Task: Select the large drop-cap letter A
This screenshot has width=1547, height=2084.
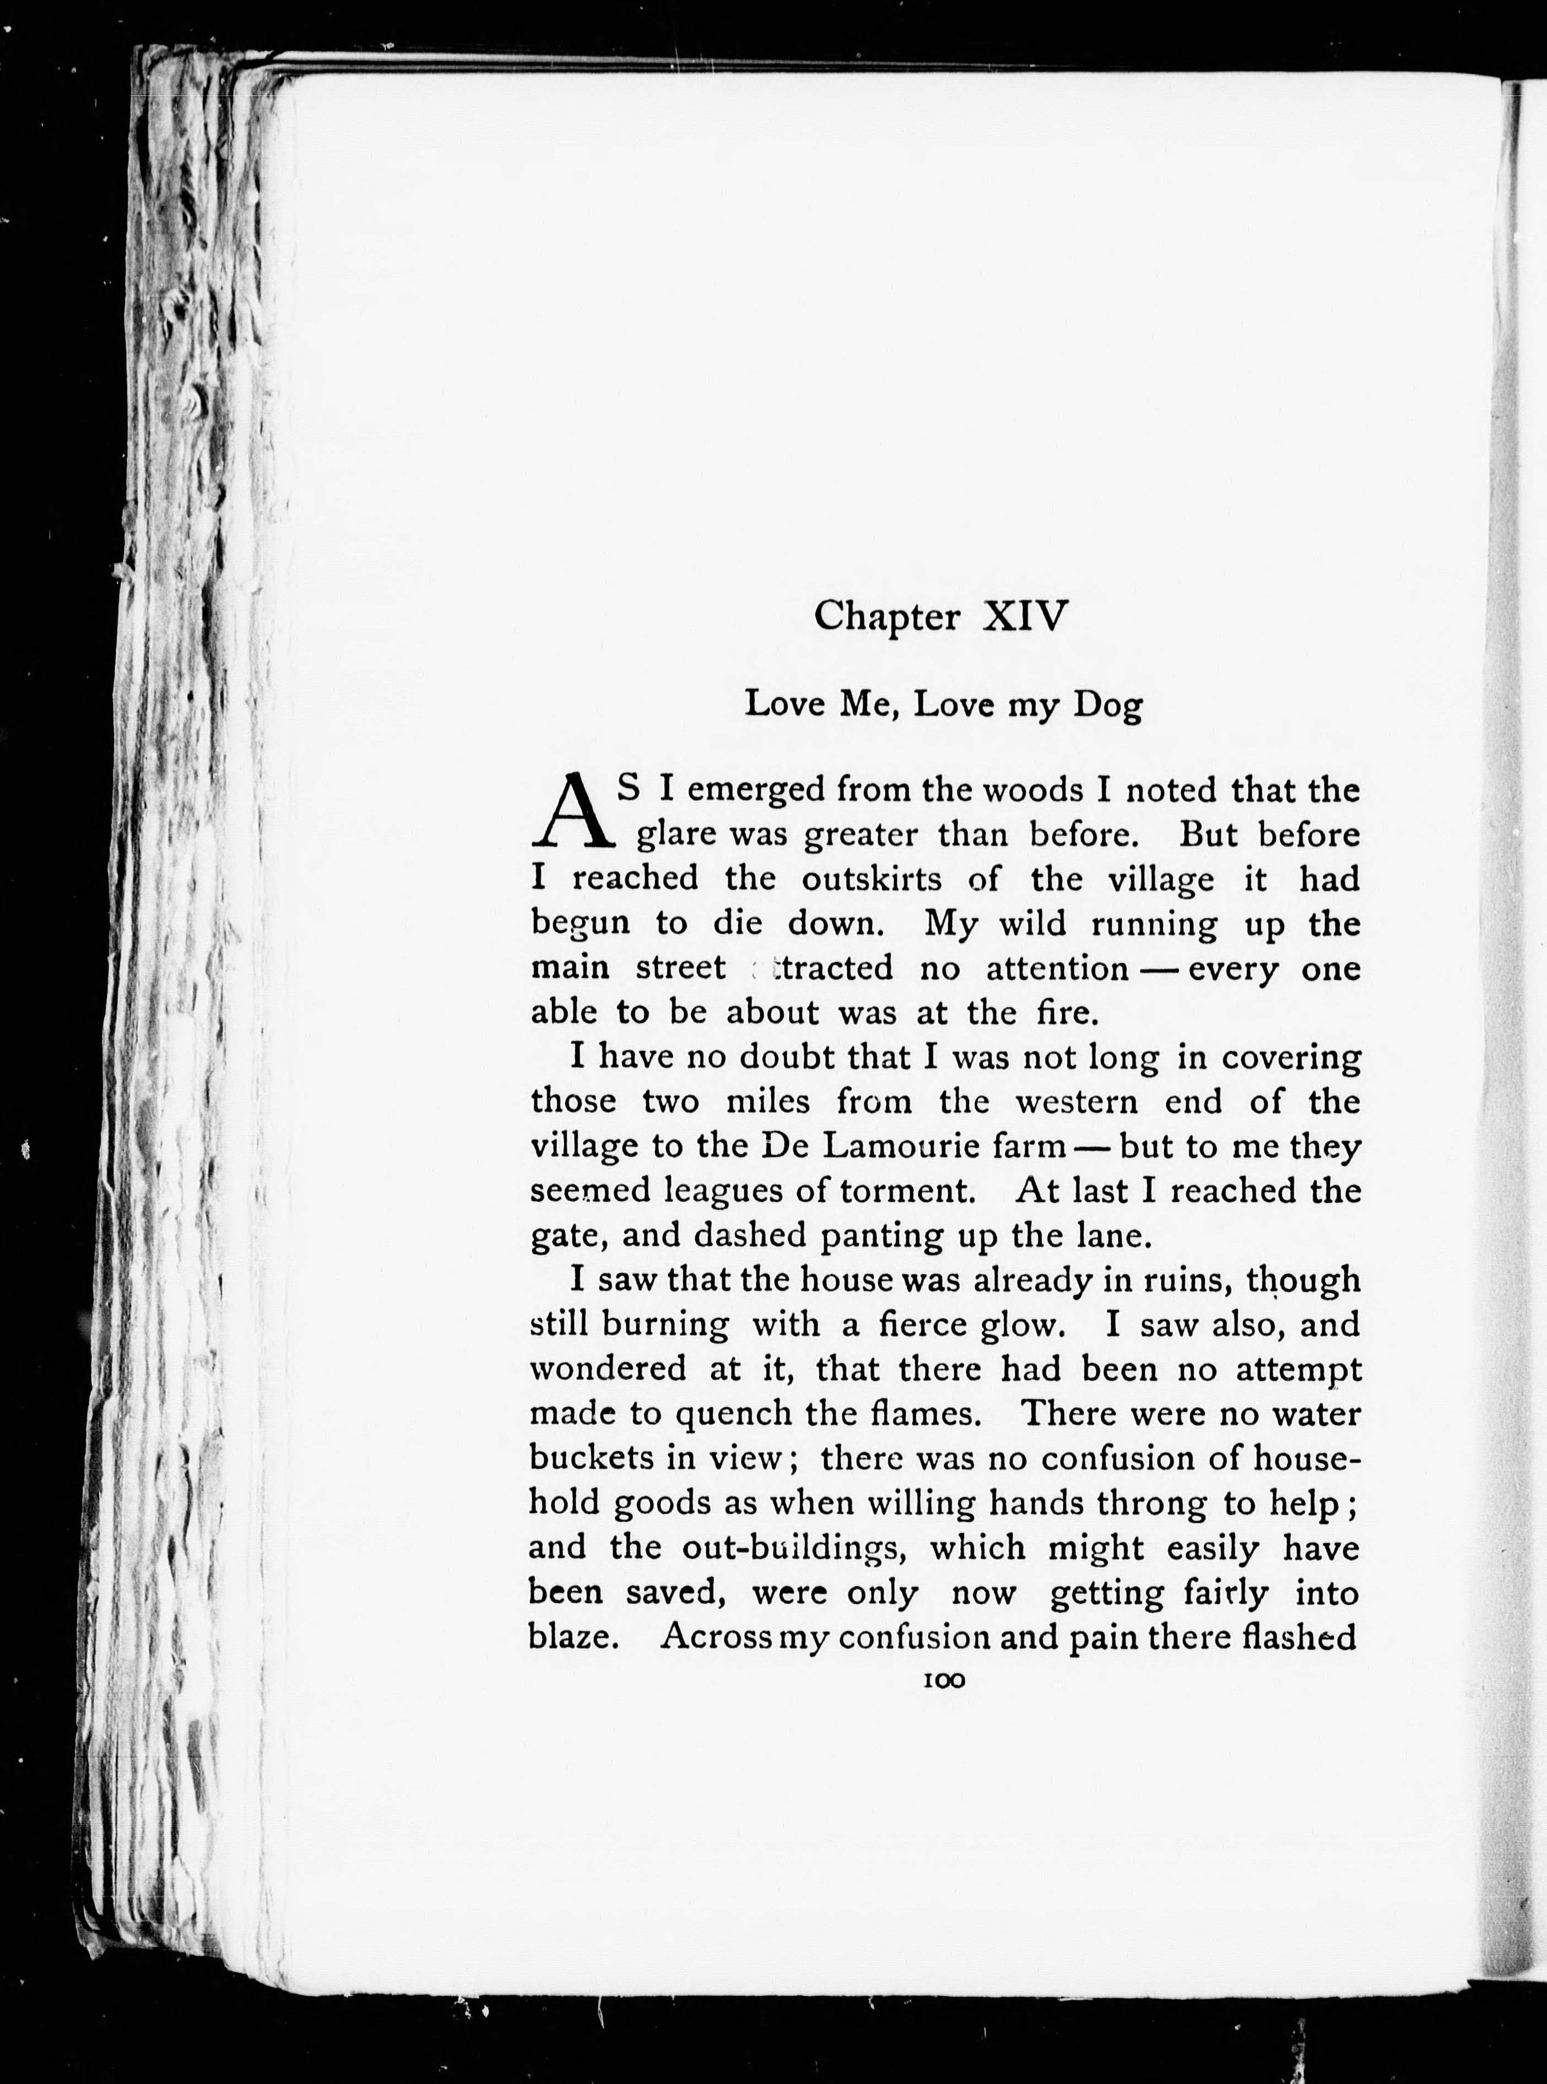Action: [x=573, y=811]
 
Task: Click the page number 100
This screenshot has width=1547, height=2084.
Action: [x=943, y=1680]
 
